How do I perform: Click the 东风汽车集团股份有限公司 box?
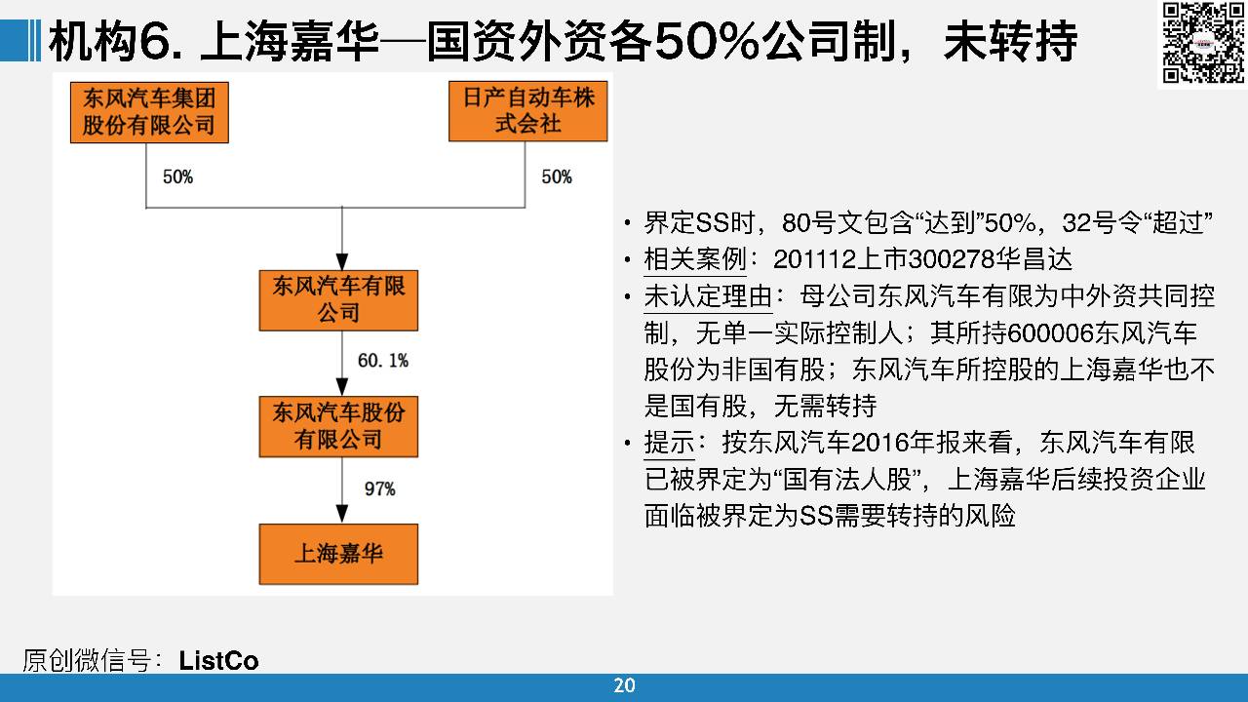point(149,112)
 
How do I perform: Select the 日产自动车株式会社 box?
point(528,111)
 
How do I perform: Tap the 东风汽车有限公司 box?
point(338,300)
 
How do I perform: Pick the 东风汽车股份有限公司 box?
point(338,427)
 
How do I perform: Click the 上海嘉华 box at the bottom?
point(338,554)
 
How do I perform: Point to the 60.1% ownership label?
point(383,361)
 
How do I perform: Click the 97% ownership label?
point(380,488)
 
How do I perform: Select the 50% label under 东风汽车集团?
point(177,176)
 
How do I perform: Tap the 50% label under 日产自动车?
point(557,176)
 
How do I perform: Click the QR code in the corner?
point(1203,43)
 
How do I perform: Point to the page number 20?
point(624,685)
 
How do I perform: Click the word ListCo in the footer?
point(218,661)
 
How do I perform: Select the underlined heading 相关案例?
point(695,259)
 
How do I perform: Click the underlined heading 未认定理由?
point(708,295)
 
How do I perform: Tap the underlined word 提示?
point(669,443)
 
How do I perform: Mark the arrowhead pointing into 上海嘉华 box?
point(342,514)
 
